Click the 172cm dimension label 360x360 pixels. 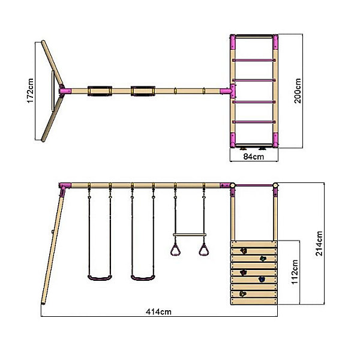coord(31,91)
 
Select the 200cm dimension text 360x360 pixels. coord(298,91)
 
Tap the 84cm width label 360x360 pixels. coord(253,157)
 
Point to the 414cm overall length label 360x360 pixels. coord(158,311)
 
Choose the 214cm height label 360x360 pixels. coord(319,244)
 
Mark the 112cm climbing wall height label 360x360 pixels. coord(295,272)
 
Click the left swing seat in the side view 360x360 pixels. coord(100,278)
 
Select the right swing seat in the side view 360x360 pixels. coord(143,278)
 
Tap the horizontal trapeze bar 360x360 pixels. coord(190,235)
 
